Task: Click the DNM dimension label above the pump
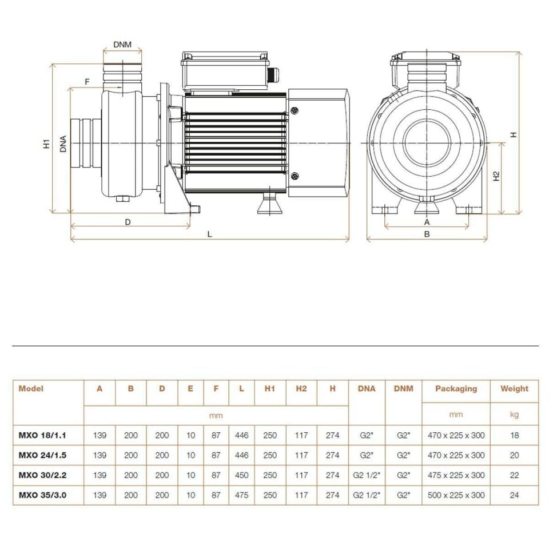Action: click(x=122, y=45)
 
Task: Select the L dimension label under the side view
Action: click(x=210, y=234)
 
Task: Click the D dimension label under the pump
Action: click(x=128, y=221)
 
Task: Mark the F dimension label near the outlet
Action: click(x=87, y=82)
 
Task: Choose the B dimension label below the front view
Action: click(x=427, y=233)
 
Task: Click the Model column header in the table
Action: click(x=31, y=388)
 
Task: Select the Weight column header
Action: click(x=514, y=388)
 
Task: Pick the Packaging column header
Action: click(x=456, y=388)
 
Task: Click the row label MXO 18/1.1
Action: click(x=42, y=435)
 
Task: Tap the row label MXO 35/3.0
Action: click(x=42, y=495)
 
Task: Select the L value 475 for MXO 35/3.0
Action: click(x=241, y=495)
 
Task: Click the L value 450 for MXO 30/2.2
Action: click(x=241, y=475)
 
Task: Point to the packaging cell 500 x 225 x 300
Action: click(x=456, y=495)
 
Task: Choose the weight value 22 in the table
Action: click(x=514, y=475)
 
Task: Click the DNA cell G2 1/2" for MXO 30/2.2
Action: click(x=367, y=475)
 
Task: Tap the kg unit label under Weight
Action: click(x=514, y=415)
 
